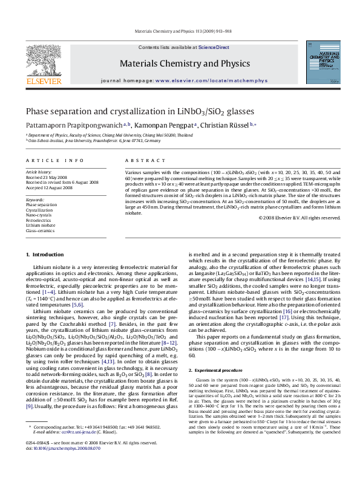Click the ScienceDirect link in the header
click(x=214, y=47)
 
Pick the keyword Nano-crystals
click(x=39, y=215)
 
